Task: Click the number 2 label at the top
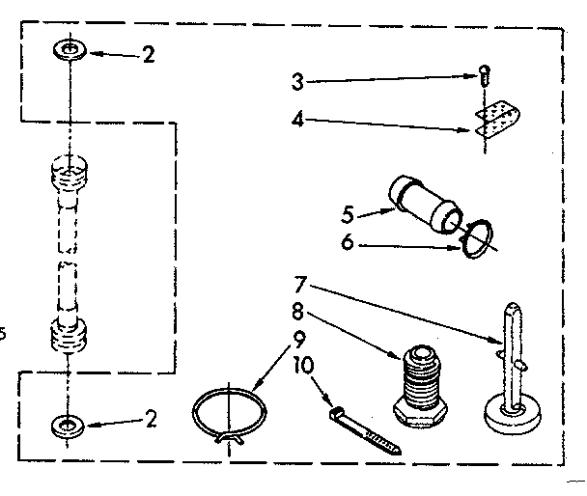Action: [147, 55]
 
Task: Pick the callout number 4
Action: [298, 120]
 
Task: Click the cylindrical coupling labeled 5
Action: [422, 203]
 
